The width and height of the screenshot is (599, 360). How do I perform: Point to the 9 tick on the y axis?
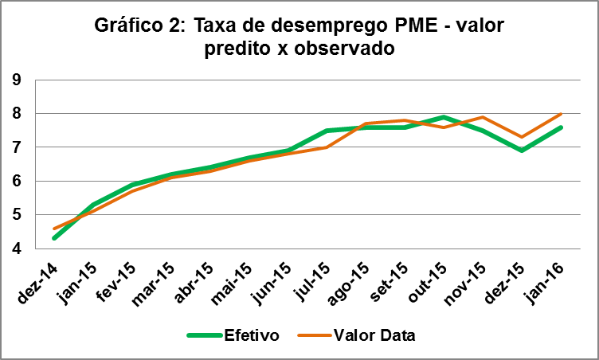[x=17, y=80]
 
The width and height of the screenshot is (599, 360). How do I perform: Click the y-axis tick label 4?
[x=17, y=248]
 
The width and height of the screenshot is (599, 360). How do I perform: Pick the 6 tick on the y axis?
[x=17, y=182]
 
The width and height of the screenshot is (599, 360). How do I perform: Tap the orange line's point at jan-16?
[x=562, y=114]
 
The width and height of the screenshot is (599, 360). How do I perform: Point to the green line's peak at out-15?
[x=444, y=117]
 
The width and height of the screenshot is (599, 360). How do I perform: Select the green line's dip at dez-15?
[x=522, y=151]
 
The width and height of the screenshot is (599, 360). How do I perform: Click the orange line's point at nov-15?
[x=483, y=117]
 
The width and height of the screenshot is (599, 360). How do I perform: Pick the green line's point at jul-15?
[x=327, y=131]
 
